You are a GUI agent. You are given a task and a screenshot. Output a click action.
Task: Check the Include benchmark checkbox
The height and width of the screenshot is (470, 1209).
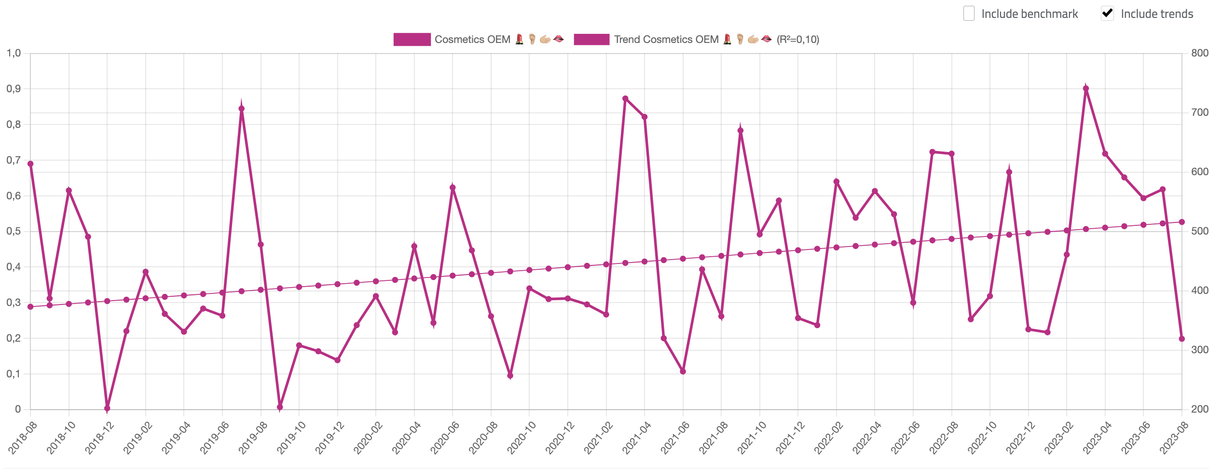click(x=969, y=14)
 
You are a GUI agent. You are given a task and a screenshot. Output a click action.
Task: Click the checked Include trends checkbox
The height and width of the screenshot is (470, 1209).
click(x=1107, y=14)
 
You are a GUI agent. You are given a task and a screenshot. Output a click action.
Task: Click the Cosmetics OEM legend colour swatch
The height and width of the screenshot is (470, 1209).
click(x=412, y=40)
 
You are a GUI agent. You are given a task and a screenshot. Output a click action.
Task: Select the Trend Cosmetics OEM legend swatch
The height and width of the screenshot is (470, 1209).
click(x=591, y=40)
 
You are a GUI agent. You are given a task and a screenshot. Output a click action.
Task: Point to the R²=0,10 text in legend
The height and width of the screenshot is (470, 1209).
click(x=797, y=40)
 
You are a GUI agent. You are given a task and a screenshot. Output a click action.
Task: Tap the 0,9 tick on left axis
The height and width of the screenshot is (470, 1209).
click(x=14, y=89)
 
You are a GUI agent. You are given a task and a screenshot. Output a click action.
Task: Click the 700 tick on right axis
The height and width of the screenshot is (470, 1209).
click(x=1199, y=112)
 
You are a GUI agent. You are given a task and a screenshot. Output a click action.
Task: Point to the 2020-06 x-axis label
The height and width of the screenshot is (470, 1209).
click(x=444, y=437)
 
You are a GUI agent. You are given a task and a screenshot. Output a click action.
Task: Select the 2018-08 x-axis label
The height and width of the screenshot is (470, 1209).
click(x=22, y=437)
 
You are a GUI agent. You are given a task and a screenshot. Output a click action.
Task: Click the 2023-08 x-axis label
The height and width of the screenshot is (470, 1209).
click(x=1173, y=437)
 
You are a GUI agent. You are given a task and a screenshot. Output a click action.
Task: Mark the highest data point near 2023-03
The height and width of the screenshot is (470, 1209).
click(x=1085, y=89)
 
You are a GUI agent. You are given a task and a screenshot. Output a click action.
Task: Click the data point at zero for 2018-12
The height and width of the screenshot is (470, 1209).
click(x=107, y=408)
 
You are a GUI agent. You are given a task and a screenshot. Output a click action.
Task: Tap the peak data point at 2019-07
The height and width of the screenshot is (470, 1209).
click(x=242, y=109)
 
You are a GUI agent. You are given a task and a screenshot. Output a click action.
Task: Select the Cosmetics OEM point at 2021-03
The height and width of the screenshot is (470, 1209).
click(x=625, y=98)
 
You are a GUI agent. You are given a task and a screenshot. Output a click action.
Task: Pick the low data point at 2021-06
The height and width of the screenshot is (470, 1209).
click(x=683, y=372)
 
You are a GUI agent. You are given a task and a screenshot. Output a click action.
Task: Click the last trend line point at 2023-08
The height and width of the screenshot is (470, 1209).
click(x=1182, y=222)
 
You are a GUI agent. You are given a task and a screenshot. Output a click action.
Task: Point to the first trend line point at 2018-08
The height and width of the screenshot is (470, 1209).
click(x=30, y=306)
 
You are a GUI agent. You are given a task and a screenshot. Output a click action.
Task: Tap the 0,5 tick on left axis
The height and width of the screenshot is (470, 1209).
click(x=14, y=231)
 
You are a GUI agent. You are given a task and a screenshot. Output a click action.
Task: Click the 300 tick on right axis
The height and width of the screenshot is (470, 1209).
click(x=1199, y=350)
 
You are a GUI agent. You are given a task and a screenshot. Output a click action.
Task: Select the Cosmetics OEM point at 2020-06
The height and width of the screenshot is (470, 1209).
click(x=453, y=188)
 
